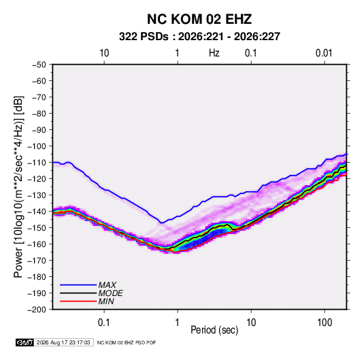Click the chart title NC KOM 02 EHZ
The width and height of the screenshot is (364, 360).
(199, 19)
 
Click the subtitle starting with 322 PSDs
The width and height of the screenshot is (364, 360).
(199, 37)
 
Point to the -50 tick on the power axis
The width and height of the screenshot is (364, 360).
(39, 65)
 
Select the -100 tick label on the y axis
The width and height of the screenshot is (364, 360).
(37, 146)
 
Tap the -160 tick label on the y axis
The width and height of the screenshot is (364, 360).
(37, 244)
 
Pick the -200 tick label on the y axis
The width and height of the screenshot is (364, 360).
(37, 310)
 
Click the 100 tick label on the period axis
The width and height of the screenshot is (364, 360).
(325, 323)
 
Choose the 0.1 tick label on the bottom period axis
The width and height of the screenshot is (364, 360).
(103, 323)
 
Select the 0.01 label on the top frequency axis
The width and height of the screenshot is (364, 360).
(324, 53)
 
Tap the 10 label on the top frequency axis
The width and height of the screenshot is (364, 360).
(104, 53)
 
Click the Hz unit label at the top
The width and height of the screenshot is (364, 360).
(214, 53)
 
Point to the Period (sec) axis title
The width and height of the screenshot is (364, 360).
(214, 330)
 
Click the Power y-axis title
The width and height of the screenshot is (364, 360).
(18, 187)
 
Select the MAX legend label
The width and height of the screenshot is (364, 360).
(107, 285)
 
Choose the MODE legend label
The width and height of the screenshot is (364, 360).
(110, 293)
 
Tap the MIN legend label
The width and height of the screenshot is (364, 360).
(106, 301)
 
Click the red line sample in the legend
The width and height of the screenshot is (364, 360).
(78, 301)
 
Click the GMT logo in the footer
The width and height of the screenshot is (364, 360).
(24, 342)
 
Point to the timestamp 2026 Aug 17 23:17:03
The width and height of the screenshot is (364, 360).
(63, 342)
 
